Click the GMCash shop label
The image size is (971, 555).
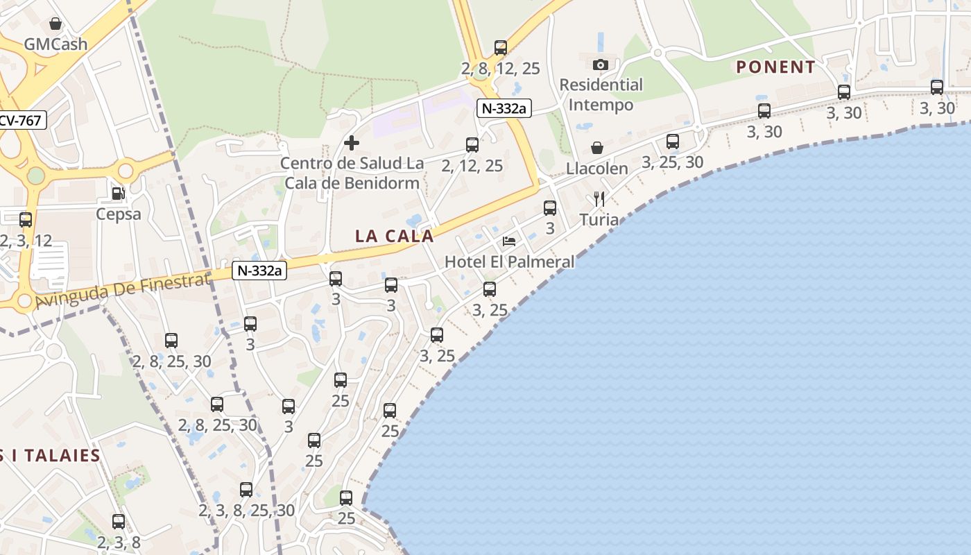pos(55,44)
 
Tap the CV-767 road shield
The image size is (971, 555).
pos(21,120)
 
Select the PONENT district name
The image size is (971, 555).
pos(775,67)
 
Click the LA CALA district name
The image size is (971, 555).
pos(395,236)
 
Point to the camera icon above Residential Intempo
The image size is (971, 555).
pos(601,65)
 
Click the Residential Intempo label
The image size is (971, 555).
pos(601,95)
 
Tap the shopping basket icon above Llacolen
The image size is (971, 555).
pos(597,148)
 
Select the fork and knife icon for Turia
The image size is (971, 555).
pos(599,200)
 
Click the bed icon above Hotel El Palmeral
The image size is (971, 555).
pos(509,241)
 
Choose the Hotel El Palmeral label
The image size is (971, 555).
pos(509,262)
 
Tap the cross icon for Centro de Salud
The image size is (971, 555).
pos(352,143)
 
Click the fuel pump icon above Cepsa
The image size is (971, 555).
pos(119,194)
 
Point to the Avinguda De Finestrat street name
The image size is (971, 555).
pos(122,291)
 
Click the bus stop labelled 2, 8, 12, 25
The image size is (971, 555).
pos(501,48)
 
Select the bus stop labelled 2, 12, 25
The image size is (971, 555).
pos(472,145)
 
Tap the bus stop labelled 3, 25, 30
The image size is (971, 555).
pos(673,142)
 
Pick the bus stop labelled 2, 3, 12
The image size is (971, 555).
pos(26,220)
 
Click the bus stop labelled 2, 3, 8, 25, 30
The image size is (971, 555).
pos(246,490)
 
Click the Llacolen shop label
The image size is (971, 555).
pos(597,169)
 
